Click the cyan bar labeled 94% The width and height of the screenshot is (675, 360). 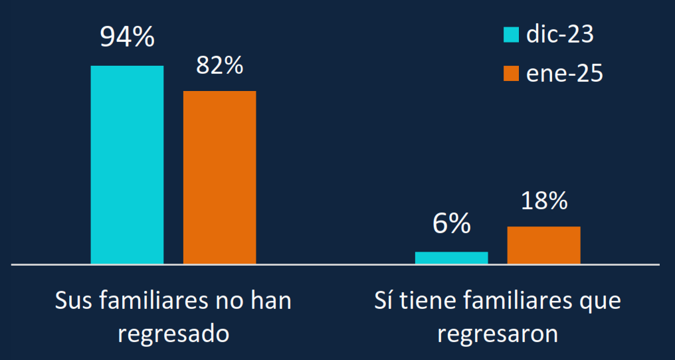(127, 165)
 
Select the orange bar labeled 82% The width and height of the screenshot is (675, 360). (219, 177)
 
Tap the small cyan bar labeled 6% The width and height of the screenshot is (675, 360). (451, 258)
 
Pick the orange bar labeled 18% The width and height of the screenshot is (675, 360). (543, 245)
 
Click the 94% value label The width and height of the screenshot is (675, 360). (127, 37)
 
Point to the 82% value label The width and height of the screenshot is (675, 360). (219, 66)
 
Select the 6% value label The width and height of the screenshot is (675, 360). (451, 225)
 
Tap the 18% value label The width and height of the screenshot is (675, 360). (543, 201)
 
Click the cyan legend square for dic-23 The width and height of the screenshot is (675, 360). (511, 35)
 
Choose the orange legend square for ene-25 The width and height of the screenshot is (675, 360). (511, 73)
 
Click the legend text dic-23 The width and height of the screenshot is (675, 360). (559, 35)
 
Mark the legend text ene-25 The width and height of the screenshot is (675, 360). (564, 73)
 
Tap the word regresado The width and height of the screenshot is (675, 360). (173, 333)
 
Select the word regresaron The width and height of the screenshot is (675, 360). (498, 333)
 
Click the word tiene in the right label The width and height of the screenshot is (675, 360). (426, 300)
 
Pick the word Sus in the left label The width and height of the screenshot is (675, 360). (74, 300)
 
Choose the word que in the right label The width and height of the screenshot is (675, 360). (601, 302)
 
